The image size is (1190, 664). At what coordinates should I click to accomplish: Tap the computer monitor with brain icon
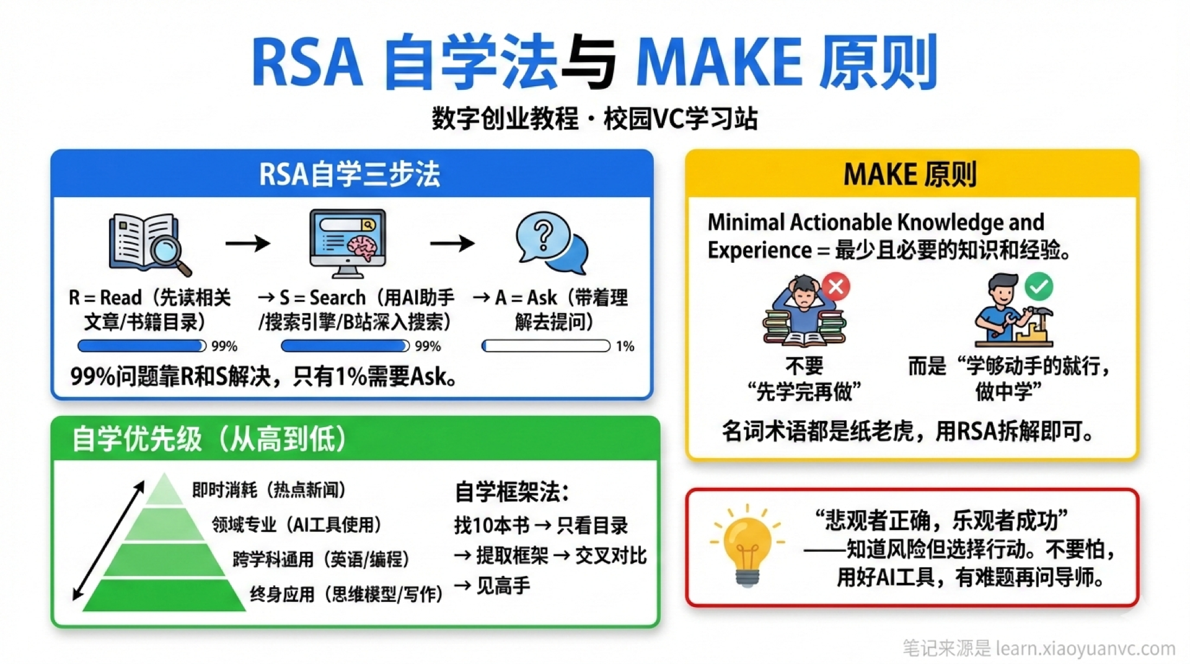[x=348, y=243]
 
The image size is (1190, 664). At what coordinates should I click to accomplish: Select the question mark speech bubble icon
[x=551, y=242]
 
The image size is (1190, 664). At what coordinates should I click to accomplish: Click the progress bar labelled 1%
[x=546, y=346]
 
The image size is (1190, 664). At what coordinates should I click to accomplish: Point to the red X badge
[x=836, y=286]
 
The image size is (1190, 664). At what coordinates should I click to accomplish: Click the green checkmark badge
[x=1039, y=286]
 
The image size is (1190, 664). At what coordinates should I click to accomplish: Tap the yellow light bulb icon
[x=747, y=546]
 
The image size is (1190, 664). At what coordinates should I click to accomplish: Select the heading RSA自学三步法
[x=350, y=174]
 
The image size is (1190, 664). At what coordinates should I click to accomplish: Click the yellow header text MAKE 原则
[x=910, y=174]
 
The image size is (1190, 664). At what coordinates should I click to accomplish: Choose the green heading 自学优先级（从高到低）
[x=209, y=439]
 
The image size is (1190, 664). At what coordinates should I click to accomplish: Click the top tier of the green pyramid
[x=164, y=490]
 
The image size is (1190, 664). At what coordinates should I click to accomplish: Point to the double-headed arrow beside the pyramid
[x=108, y=541]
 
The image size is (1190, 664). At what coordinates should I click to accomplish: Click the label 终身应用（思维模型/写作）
[x=346, y=594]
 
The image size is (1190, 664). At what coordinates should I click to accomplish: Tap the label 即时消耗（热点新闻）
[x=268, y=490]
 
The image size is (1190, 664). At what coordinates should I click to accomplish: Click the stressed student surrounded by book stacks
[x=804, y=311]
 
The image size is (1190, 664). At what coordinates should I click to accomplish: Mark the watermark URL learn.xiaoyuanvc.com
[x=1085, y=649]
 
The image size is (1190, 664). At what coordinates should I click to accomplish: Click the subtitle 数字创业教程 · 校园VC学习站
[x=594, y=118]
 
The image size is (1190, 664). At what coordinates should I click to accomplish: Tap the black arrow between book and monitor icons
[x=248, y=243]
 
